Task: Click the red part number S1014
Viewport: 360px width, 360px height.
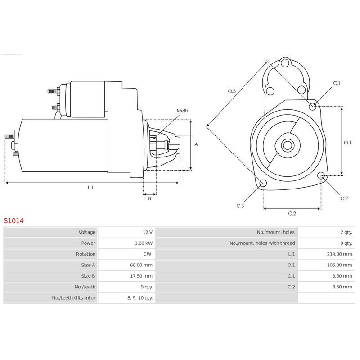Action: point(13,221)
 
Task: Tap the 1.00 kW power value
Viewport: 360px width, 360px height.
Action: point(144,243)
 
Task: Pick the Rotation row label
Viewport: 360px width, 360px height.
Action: point(85,254)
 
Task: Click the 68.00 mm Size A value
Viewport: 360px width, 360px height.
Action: point(141,265)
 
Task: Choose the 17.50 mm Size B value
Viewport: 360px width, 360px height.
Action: point(141,276)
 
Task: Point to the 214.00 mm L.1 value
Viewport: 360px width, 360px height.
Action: point(339,254)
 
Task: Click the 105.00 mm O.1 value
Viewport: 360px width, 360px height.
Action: point(339,265)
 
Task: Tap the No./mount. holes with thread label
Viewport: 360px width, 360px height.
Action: point(262,243)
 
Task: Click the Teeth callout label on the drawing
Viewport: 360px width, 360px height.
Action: point(182,111)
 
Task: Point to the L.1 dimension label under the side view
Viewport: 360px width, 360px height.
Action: point(90,188)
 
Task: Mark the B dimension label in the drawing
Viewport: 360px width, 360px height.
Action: point(149,198)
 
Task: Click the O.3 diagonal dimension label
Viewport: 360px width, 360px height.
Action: point(232,91)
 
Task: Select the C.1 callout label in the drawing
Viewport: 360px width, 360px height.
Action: point(337,83)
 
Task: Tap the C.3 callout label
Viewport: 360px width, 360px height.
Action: point(240,206)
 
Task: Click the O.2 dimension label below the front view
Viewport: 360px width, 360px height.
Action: point(292,213)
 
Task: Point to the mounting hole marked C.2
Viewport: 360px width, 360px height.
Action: point(321,176)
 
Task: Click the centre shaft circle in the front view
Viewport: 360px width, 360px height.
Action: point(288,145)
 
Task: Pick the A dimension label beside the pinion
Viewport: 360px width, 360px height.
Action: point(196,144)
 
